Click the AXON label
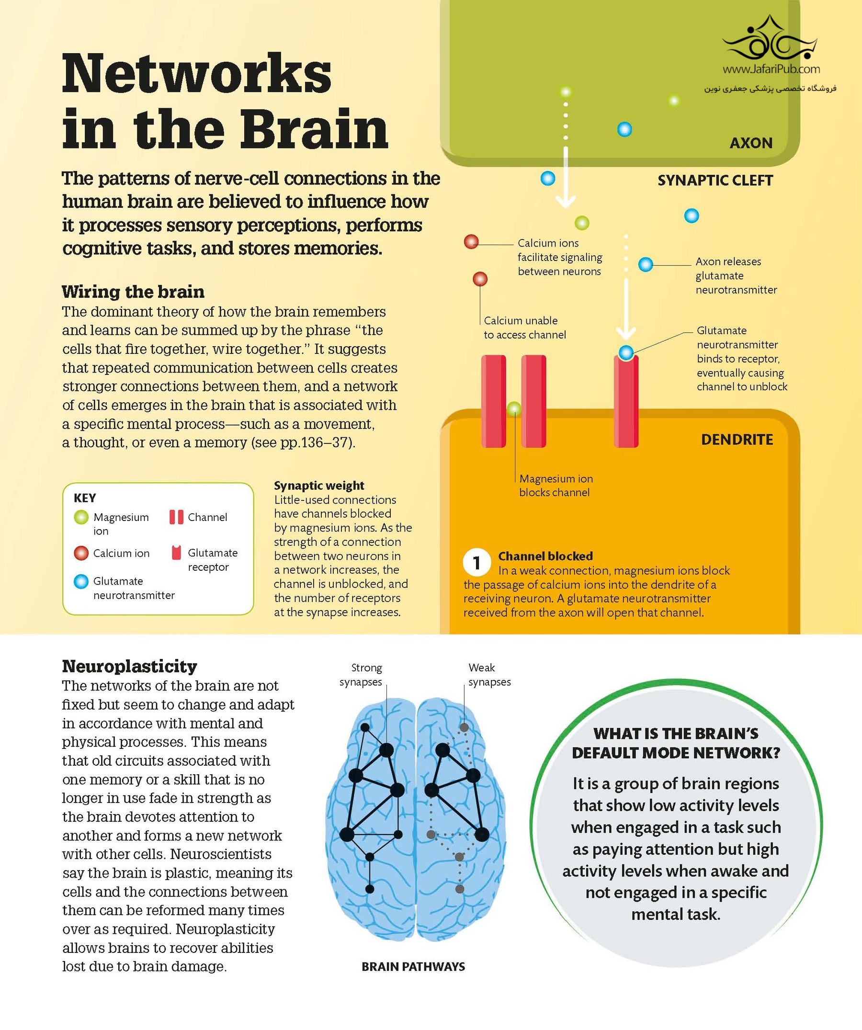point(750,143)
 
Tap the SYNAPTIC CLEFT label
point(715,181)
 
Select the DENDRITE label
point(737,440)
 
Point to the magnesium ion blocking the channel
point(514,408)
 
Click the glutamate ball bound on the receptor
point(625,352)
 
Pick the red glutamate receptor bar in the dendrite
point(626,402)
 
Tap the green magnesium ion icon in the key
point(81,517)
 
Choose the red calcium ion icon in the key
point(81,553)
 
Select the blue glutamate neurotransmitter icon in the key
point(81,582)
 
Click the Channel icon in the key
point(176,517)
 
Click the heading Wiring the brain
point(133,292)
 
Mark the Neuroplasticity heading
point(129,666)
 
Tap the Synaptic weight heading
point(319,486)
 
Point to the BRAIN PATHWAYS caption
point(413,966)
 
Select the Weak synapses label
point(488,675)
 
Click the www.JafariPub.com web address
point(771,69)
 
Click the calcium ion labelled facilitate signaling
point(471,242)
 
